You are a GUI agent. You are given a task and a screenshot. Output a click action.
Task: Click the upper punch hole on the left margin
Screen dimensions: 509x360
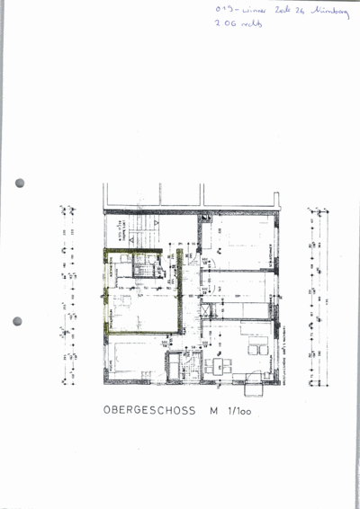(x=20, y=183)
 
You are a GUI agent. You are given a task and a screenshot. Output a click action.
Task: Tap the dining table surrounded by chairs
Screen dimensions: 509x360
(x=217, y=366)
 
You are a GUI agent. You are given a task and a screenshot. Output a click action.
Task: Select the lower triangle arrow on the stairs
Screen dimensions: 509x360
(x=133, y=239)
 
